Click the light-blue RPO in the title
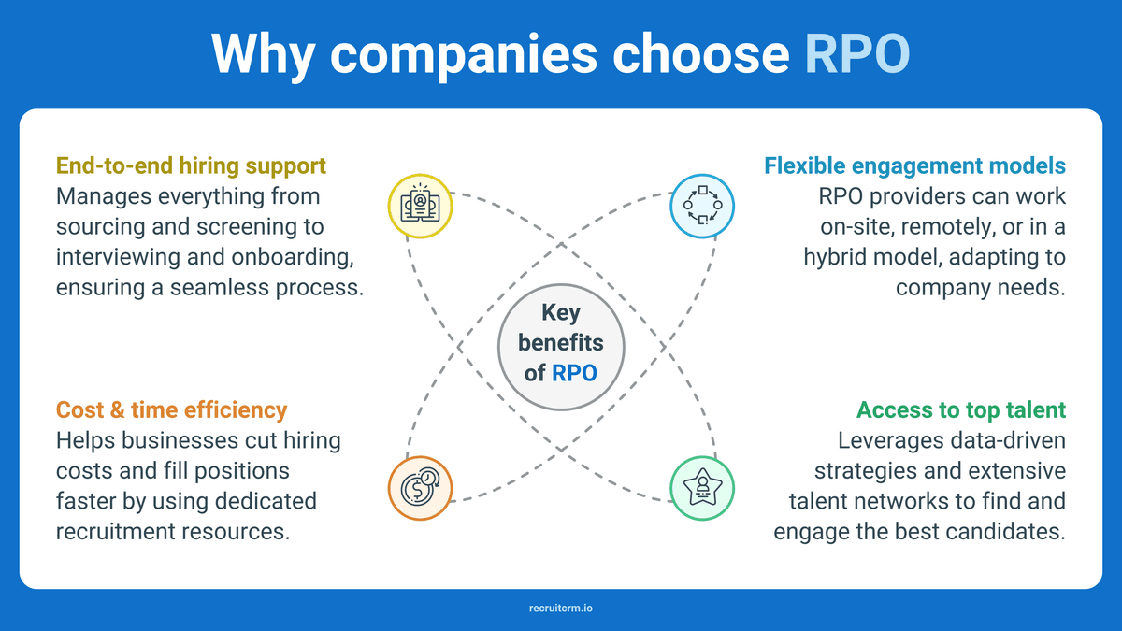tap(857, 53)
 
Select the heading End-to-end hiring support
tap(191, 165)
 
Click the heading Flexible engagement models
tap(914, 165)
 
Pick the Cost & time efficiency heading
tap(171, 409)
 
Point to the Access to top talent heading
tap(961, 409)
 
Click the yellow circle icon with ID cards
tap(420, 206)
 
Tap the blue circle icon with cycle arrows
tap(702, 206)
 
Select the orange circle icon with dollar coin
tap(420, 488)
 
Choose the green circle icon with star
tap(702, 488)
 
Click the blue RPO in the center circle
tap(574, 373)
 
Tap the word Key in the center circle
tap(561, 313)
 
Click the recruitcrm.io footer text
tap(561, 608)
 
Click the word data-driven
tap(1008, 440)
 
